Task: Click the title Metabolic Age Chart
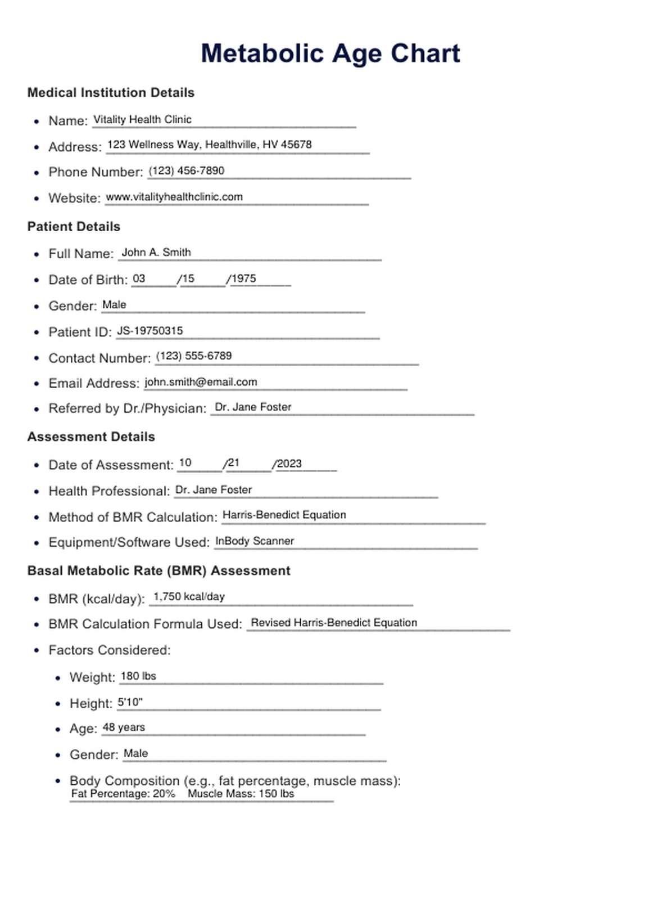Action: coord(330,54)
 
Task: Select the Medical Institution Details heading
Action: coord(111,93)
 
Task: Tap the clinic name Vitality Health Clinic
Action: coord(142,119)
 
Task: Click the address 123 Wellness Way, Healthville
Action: coord(209,145)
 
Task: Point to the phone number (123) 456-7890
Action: coord(187,170)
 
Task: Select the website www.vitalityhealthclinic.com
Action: coord(174,197)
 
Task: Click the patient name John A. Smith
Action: coord(156,253)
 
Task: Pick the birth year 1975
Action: coord(244,278)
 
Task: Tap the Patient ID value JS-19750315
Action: coord(150,331)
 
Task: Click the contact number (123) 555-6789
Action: coord(194,356)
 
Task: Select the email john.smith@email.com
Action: coord(201,382)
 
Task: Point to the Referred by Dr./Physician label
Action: coord(128,408)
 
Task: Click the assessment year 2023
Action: coord(289,464)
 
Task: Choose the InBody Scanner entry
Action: coord(255,541)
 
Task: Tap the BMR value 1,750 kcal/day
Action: coord(189,596)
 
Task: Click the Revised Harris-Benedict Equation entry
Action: coord(334,623)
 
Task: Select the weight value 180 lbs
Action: coord(138,676)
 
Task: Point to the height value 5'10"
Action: coord(130,702)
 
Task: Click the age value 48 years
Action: coord(124,727)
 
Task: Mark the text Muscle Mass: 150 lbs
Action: coord(241,794)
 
